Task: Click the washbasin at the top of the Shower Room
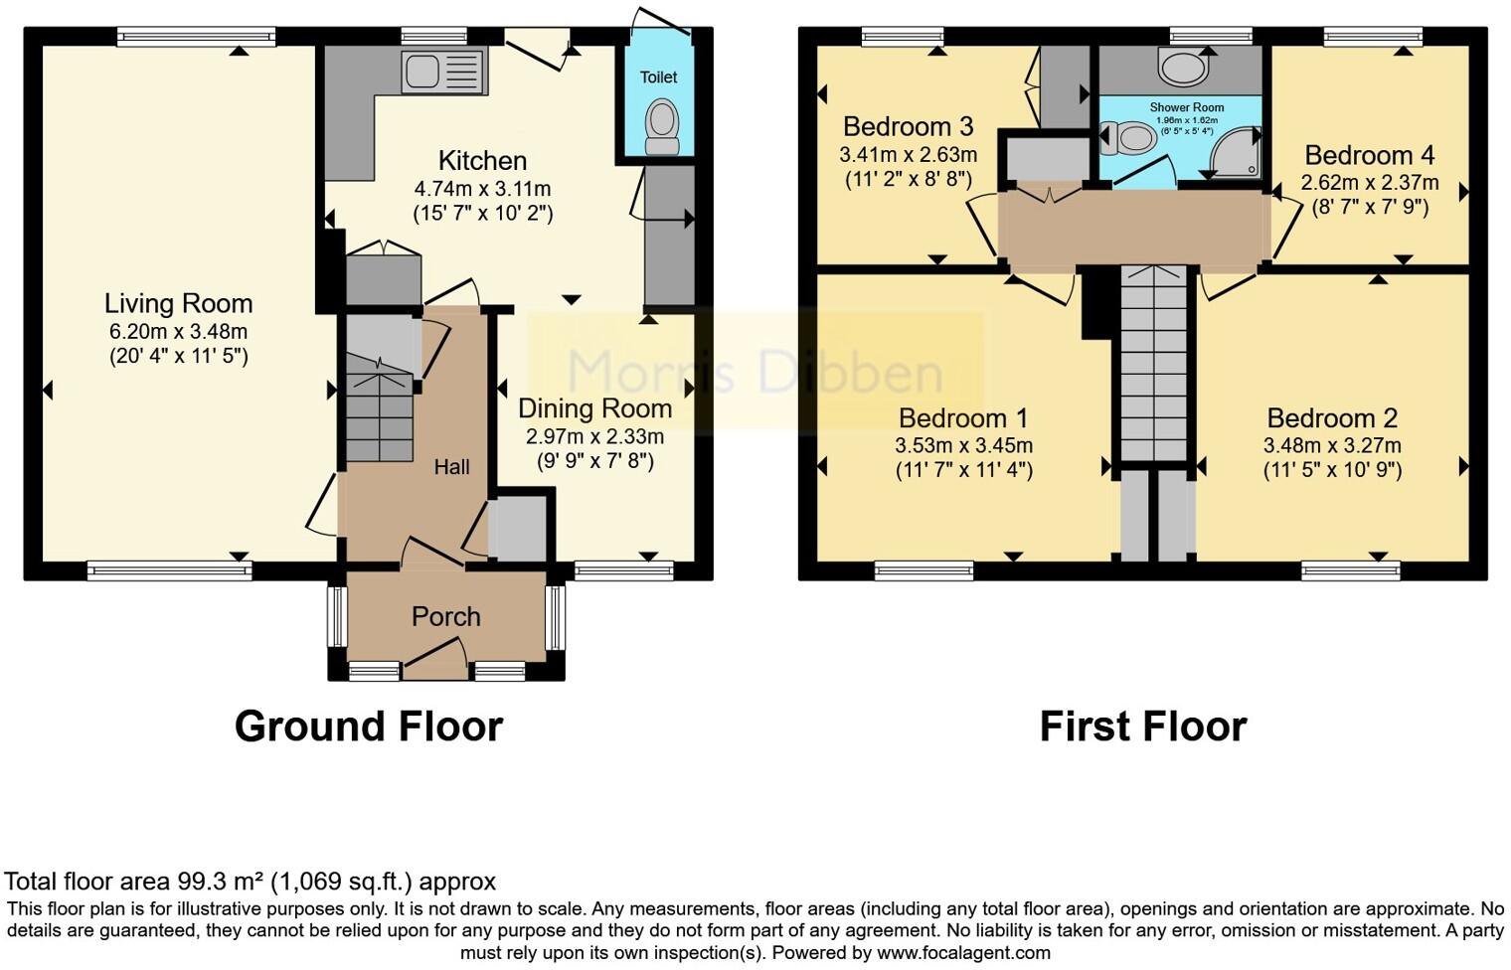(1182, 69)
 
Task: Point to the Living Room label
(179, 303)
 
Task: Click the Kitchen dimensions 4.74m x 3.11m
(482, 189)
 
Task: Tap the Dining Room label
(594, 408)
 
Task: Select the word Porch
(446, 617)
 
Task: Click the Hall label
(451, 467)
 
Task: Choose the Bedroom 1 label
(963, 418)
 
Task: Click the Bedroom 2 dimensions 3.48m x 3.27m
(1332, 445)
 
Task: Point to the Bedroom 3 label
(908, 127)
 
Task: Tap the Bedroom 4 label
(1370, 155)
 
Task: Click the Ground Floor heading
(368, 727)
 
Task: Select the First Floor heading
(1142, 727)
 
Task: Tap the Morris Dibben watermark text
(755, 373)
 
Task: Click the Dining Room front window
(623, 570)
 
